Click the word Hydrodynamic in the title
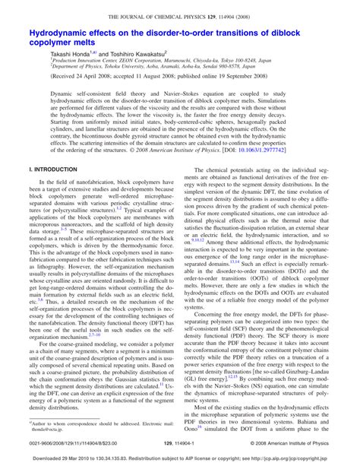[x=62, y=34]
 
